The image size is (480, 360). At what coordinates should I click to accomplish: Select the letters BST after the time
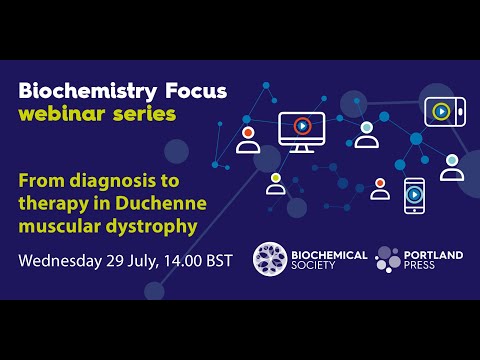coord(218,262)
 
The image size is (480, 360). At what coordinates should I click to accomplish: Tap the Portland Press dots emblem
coord(388,259)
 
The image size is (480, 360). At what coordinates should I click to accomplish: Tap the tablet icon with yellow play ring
coord(440,110)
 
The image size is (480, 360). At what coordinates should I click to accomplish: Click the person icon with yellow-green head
coord(275,183)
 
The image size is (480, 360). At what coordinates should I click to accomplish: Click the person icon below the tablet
coord(453,166)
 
